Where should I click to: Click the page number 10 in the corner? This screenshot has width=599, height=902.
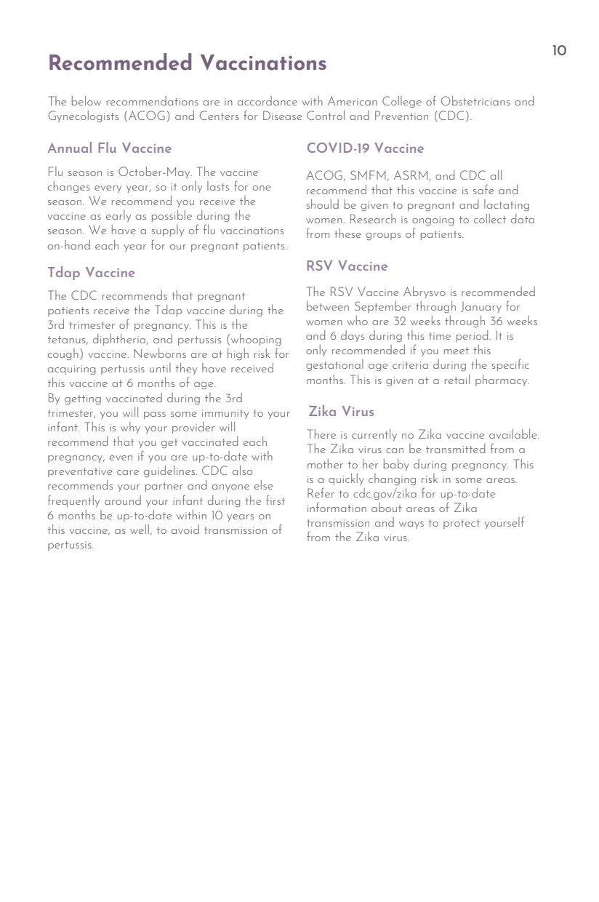tap(558, 51)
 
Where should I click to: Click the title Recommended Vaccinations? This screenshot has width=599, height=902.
tap(187, 63)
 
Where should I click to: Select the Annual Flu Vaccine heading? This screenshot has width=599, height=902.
tap(109, 148)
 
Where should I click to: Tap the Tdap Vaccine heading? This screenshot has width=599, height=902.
tap(91, 273)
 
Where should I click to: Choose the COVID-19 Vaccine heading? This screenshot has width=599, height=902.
tap(365, 148)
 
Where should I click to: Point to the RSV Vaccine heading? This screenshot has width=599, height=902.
tap(347, 266)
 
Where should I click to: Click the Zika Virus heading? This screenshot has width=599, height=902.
tap(341, 412)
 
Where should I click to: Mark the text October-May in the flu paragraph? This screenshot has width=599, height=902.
tap(153, 172)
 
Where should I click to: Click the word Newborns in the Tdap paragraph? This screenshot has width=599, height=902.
tap(158, 354)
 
